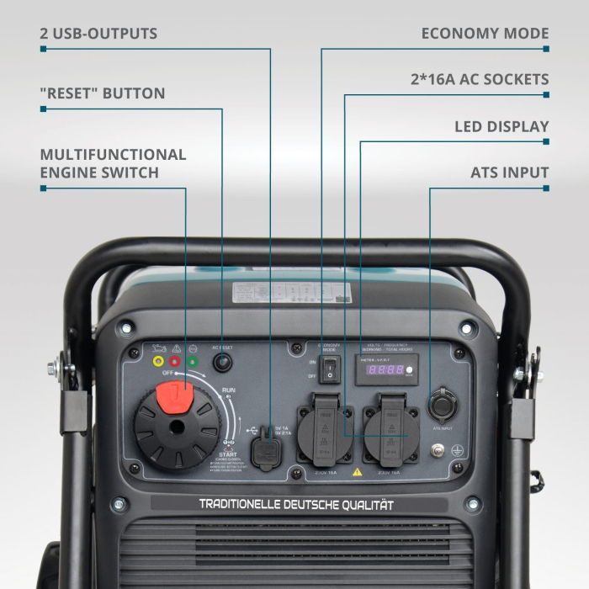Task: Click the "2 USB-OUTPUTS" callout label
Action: (x=98, y=34)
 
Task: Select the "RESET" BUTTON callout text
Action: (x=102, y=93)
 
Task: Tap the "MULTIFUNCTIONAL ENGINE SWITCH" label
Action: (x=113, y=163)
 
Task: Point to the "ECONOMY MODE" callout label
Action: (x=485, y=34)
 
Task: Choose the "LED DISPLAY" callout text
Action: (x=501, y=127)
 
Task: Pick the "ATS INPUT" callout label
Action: (x=510, y=173)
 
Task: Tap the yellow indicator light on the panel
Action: (x=158, y=362)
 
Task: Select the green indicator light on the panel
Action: (x=193, y=362)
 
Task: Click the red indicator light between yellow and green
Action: (x=175, y=362)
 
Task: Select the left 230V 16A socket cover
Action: (x=325, y=429)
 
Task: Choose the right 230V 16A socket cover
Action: (x=391, y=429)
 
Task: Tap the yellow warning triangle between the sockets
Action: (x=358, y=473)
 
